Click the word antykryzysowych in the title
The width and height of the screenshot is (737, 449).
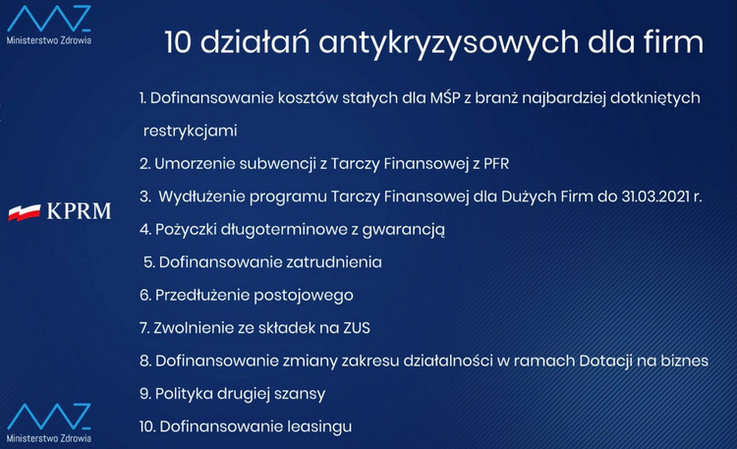point(448,43)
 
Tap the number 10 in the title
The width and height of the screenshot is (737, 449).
point(178,41)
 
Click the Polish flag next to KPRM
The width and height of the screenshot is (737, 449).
point(24,212)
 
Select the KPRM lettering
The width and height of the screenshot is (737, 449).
point(79,211)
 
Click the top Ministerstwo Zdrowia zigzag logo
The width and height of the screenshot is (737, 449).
point(49,20)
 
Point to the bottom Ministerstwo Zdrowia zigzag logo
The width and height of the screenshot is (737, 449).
point(49,417)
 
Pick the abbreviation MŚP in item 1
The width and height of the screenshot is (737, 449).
point(444,97)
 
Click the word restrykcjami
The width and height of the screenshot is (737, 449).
point(191,131)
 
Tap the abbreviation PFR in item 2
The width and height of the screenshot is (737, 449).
point(496,164)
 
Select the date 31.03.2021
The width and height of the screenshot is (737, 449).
point(655,196)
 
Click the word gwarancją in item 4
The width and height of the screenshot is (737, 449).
point(403,230)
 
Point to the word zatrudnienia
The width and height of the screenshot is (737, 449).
point(334,262)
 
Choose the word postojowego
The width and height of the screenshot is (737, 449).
point(304,296)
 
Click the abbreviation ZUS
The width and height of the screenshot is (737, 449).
point(357,328)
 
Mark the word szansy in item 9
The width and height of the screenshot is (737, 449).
point(300,394)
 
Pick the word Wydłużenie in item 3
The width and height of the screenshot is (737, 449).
point(201,196)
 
